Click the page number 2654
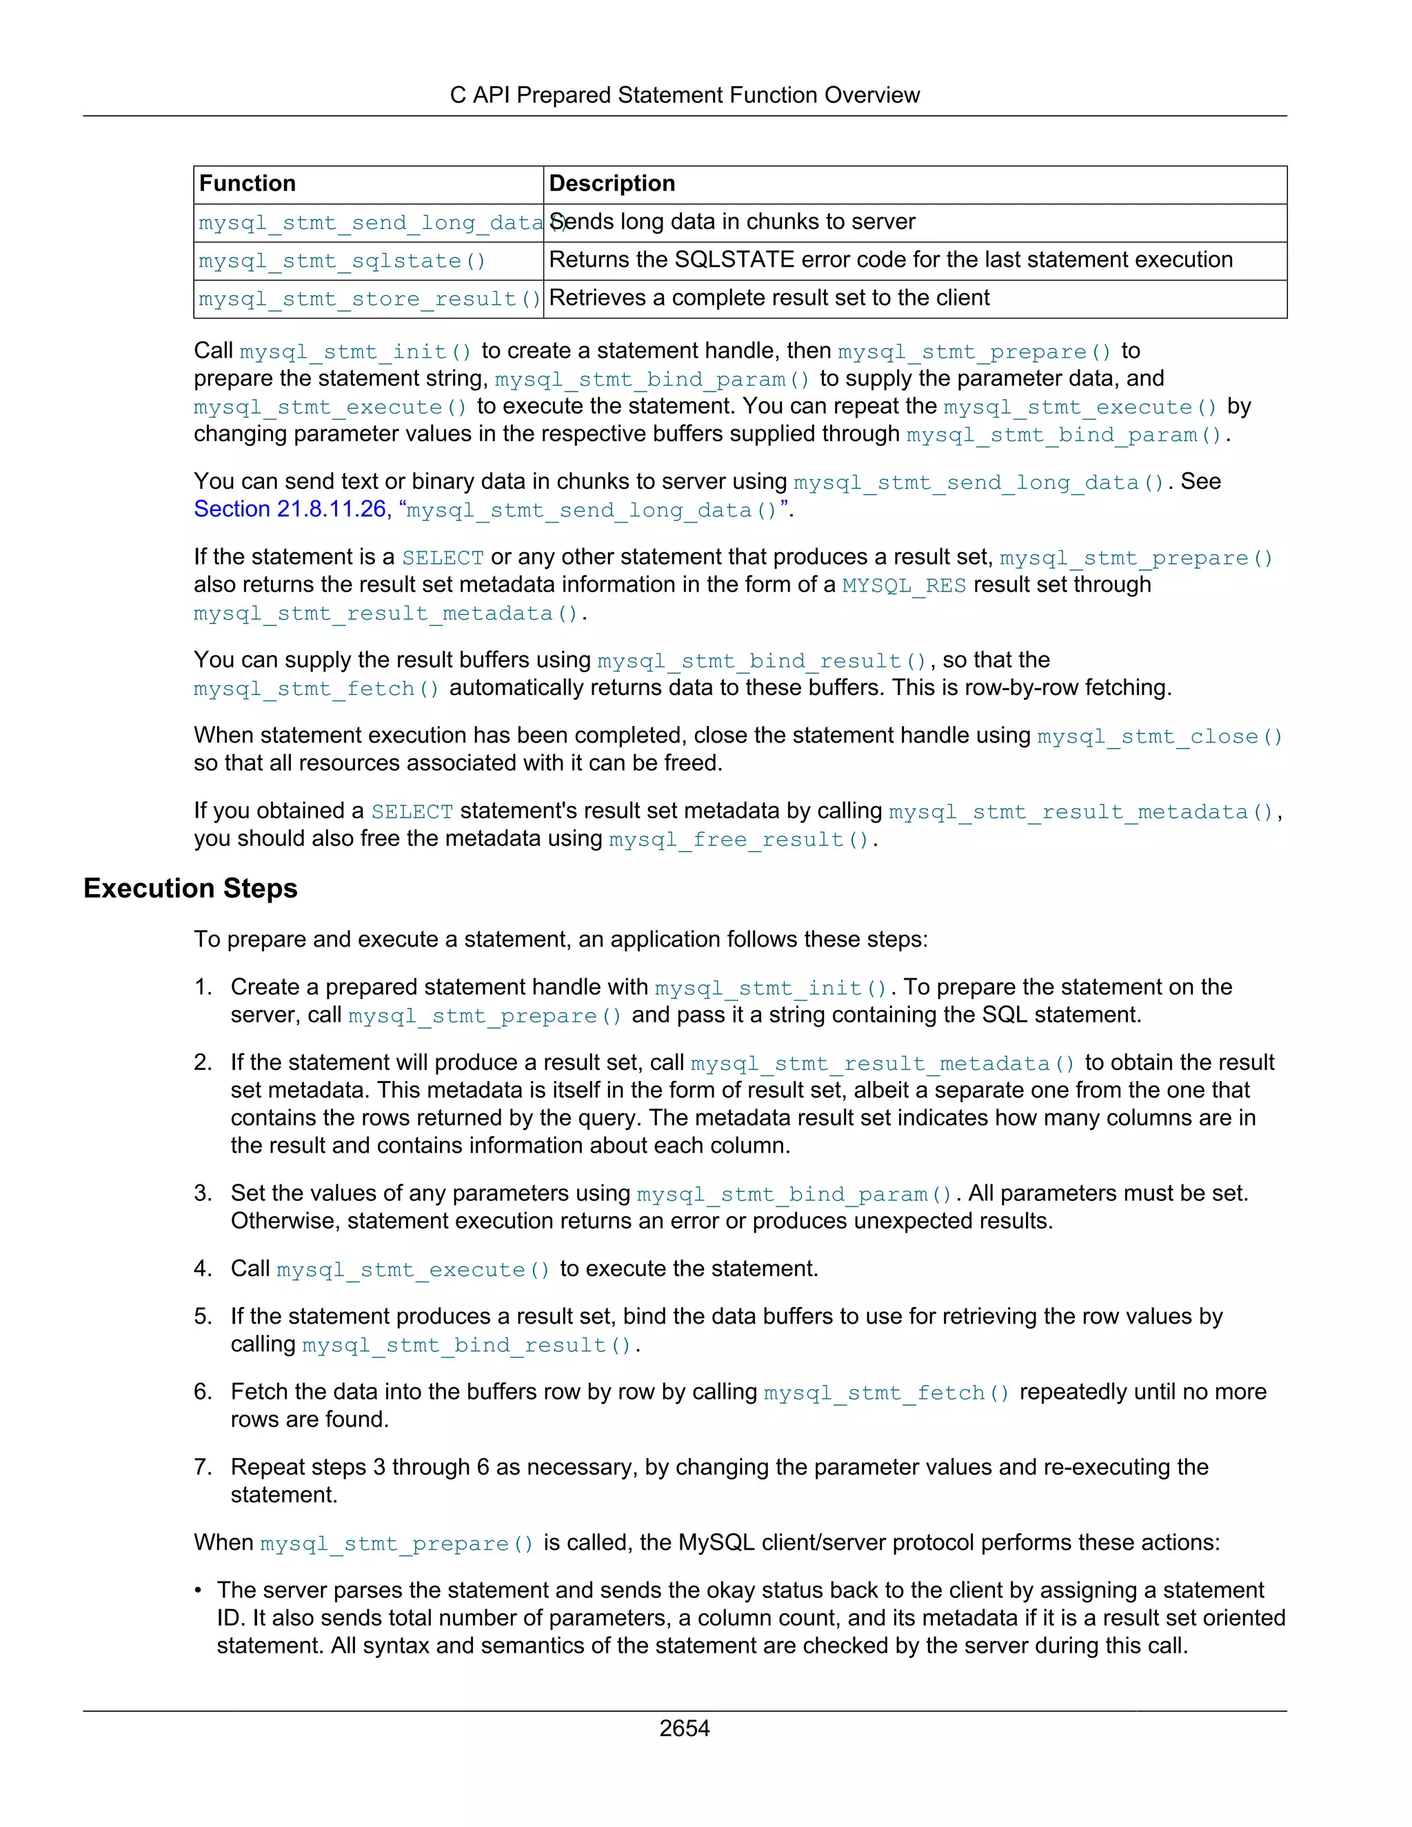point(683,1728)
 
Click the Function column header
point(248,183)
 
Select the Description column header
point(612,183)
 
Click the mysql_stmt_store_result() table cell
point(369,299)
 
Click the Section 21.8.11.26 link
point(290,509)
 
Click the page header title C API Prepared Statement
point(683,94)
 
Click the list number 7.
point(203,1466)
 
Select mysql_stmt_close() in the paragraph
point(1160,736)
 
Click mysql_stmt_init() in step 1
point(770,988)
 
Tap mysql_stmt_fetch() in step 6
point(887,1392)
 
